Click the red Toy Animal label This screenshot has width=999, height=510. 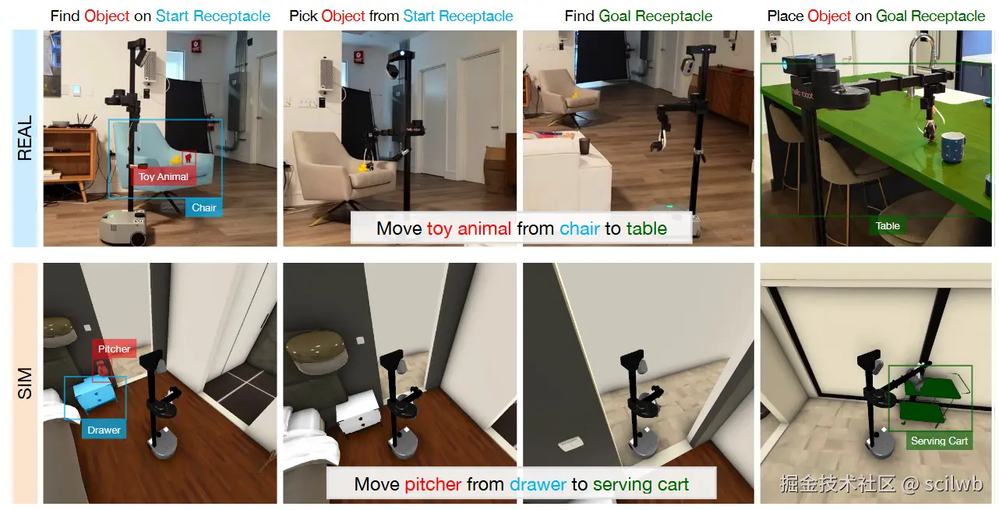(x=163, y=177)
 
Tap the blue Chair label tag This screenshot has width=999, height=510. (x=204, y=208)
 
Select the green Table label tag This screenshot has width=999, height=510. (x=888, y=226)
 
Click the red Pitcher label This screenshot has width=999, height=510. (x=115, y=349)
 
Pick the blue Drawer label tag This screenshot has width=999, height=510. (x=104, y=430)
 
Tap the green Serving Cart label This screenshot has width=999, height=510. (x=939, y=441)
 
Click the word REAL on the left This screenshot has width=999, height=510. (x=24, y=138)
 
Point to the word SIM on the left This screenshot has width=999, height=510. (x=24, y=384)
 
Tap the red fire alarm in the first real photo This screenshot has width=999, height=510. (x=196, y=45)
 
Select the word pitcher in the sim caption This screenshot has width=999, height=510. (x=433, y=484)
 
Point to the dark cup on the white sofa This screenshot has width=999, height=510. (x=584, y=146)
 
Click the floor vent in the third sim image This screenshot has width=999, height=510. (x=570, y=443)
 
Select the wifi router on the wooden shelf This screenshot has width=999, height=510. (x=85, y=122)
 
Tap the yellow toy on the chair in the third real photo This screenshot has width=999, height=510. (x=576, y=95)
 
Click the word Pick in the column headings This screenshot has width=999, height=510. (x=303, y=16)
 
